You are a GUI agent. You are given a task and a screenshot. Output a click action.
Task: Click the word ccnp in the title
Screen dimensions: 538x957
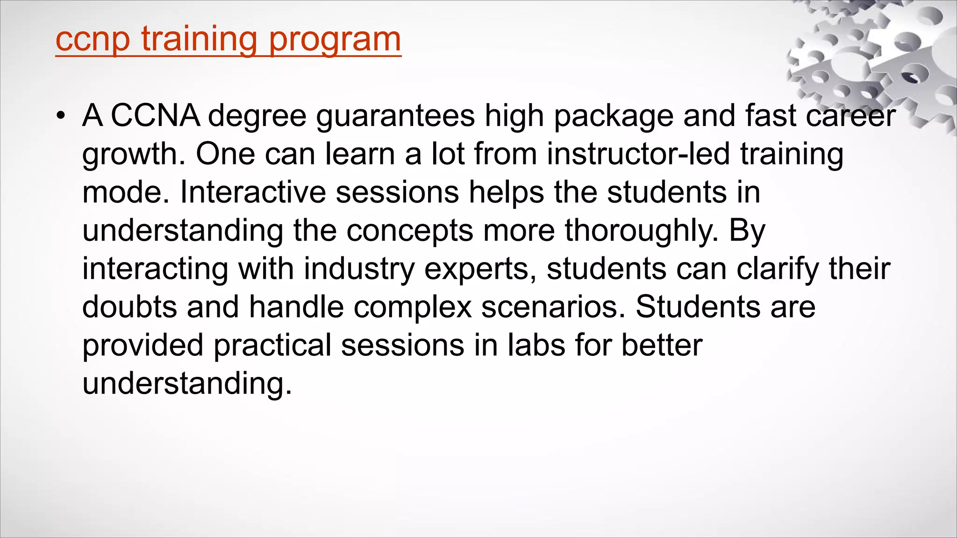(x=92, y=39)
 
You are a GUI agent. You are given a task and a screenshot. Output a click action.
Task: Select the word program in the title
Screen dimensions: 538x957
(x=335, y=39)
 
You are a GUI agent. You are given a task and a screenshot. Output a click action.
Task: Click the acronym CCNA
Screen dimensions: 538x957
(x=156, y=115)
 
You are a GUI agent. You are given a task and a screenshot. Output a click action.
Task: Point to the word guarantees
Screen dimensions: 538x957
(x=395, y=115)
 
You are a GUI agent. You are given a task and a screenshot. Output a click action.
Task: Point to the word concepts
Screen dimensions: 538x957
(x=410, y=230)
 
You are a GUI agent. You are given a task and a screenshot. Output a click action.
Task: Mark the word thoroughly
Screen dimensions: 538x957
(x=641, y=230)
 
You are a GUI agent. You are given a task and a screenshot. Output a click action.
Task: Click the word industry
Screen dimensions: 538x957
(x=359, y=269)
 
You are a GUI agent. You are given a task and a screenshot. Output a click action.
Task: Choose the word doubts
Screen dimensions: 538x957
(x=129, y=307)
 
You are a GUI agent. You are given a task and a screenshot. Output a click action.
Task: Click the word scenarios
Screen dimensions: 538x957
(x=553, y=307)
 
